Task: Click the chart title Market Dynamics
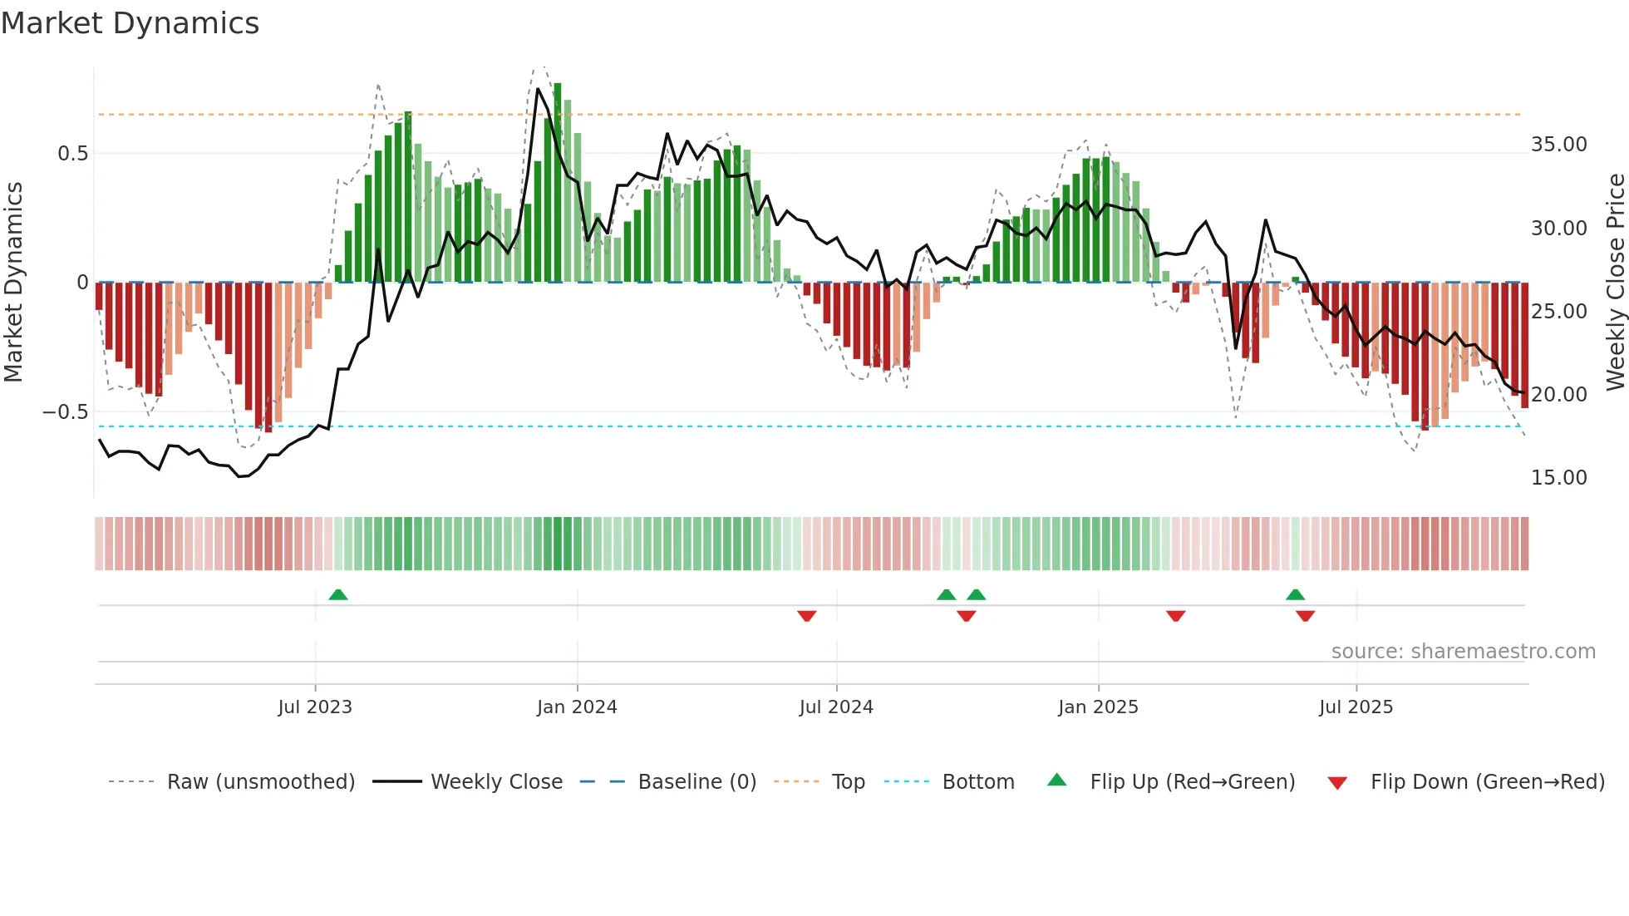point(130,23)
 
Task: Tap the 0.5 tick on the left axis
point(72,154)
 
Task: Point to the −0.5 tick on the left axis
point(66,412)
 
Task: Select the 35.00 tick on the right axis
point(1558,145)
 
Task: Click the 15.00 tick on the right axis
point(1558,478)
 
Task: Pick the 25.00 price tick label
point(1558,312)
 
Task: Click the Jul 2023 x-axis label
point(315,707)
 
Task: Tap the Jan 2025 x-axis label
point(1098,707)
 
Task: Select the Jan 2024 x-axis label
point(577,707)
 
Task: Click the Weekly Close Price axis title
point(1615,282)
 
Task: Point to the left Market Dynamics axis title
point(13,282)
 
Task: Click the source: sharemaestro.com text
point(1463,652)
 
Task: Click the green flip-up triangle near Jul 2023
point(337,595)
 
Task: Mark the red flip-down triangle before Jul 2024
point(806,616)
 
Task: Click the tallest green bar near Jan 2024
point(558,183)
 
